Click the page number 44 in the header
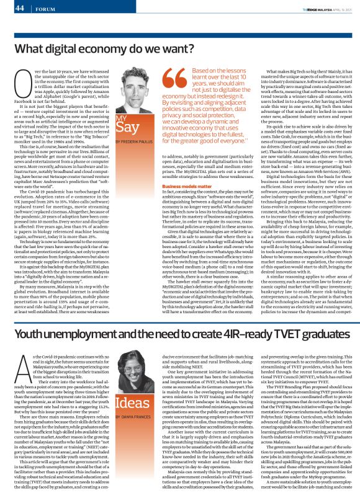(19, 8)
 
